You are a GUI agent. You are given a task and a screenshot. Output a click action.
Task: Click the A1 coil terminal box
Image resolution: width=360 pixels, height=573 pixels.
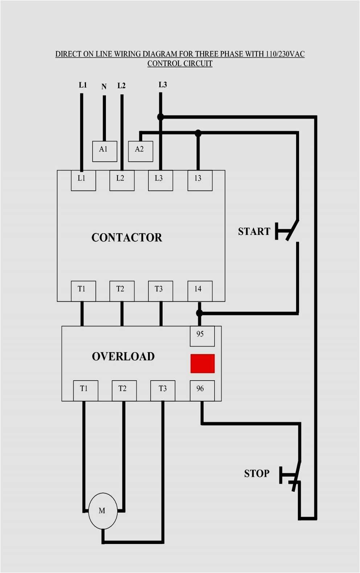[x=105, y=151]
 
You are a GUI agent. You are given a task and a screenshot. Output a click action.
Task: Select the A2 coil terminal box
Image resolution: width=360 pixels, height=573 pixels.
[x=140, y=151]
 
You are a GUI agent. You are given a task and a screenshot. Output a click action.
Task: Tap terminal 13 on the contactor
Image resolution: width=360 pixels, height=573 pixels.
[x=200, y=180]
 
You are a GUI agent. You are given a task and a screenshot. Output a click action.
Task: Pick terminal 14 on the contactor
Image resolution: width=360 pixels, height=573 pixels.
[x=200, y=291]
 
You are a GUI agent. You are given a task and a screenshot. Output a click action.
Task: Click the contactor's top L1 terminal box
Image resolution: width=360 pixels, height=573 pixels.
[x=83, y=180]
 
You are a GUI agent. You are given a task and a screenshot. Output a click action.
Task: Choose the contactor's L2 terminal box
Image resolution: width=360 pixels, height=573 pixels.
[x=122, y=180]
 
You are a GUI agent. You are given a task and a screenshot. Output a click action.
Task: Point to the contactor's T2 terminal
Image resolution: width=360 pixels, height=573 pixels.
[x=122, y=291]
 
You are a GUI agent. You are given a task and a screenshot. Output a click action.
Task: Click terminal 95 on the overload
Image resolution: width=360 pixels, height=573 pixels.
[x=202, y=336]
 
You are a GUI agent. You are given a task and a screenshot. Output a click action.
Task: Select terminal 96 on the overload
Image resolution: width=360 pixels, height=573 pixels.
[x=202, y=390]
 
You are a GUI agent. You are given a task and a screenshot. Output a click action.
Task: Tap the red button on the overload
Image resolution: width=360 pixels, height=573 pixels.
[x=202, y=363]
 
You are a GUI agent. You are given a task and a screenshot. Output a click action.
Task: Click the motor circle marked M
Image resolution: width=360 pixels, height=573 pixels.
[x=103, y=511]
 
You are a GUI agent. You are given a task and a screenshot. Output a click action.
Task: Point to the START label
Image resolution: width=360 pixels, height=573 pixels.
[x=254, y=231]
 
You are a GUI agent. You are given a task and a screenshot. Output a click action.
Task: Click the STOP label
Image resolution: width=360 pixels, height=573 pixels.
[x=257, y=474]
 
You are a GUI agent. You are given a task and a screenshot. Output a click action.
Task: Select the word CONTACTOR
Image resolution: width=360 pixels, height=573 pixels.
[x=127, y=237]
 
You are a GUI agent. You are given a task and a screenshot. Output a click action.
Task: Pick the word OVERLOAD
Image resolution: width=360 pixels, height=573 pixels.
[x=123, y=357]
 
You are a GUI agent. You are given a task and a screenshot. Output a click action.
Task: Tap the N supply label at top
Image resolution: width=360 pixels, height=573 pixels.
[x=104, y=87]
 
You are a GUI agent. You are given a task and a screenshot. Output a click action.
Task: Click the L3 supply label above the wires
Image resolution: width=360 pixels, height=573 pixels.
[x=163, y=85]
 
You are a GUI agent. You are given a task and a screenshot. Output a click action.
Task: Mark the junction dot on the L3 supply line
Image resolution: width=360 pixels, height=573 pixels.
[x=160, y=117]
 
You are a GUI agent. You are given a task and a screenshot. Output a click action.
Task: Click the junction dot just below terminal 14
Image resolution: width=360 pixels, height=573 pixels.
[x=199, y=313]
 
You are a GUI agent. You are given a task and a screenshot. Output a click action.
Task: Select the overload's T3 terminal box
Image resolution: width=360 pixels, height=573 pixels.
[x=163, y=390]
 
